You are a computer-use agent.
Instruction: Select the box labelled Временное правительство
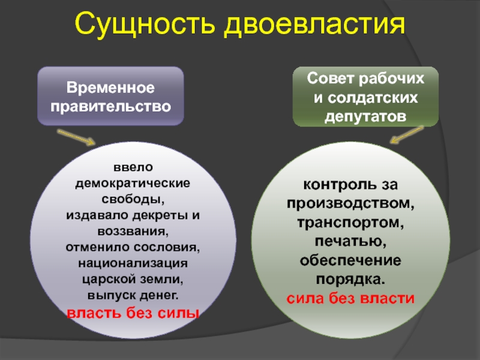(x=110, y=96)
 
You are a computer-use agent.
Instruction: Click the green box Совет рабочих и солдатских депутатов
(x=365, y=97)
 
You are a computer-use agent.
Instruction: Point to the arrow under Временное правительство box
(x=76, y=137)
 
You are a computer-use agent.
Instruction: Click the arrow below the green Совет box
(x=407, y=134)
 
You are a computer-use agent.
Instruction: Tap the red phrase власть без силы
(x=133, y=313)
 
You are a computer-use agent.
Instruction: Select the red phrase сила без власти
(x=350, y=298)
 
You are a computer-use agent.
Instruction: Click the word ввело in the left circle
(x=133, y=167)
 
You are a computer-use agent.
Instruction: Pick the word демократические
(x=133, y=184)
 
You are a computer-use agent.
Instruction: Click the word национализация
(x=133, y=263)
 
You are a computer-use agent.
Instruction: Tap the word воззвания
(x=133, y=232)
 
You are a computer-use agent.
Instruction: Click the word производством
(x=350, y=203)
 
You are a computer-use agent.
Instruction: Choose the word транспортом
(x=350, y=223)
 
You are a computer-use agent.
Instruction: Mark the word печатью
(x=350, y=241)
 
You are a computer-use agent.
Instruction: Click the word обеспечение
(x=350, y=260)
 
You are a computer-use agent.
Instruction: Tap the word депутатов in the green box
(x=365, y=117)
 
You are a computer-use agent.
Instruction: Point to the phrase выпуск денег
(x=133, y=295)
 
